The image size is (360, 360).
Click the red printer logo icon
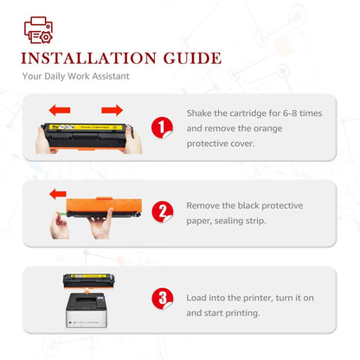[38, 31]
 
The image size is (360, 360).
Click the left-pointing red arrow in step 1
[59, 110]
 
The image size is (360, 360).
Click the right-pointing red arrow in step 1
[111, 110]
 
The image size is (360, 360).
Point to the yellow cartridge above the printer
[84, 280]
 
